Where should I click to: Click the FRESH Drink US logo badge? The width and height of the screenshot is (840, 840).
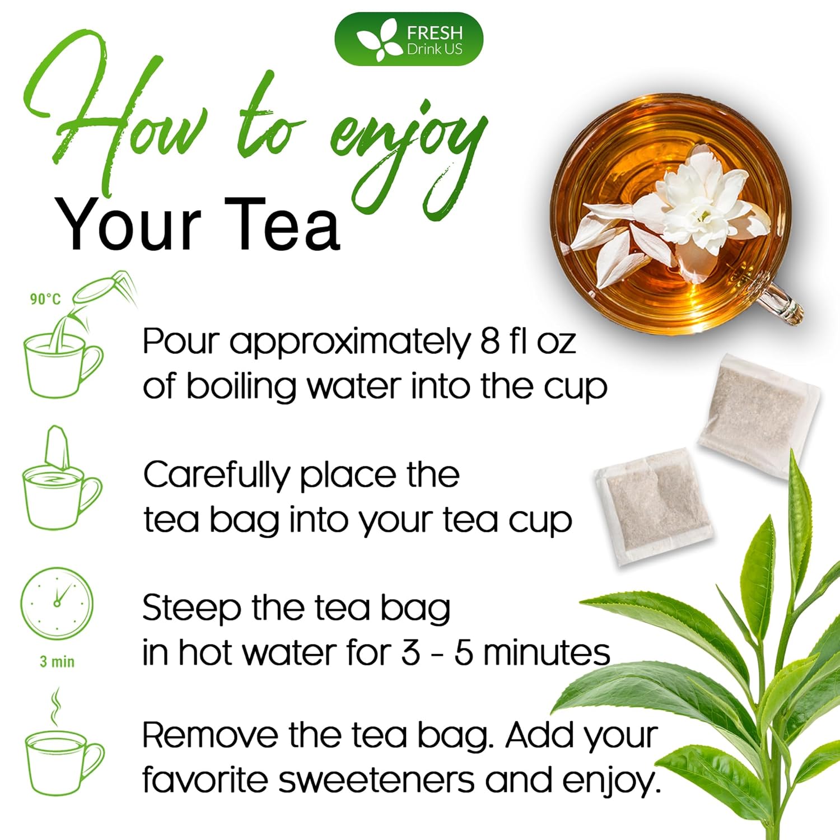coord(408,39)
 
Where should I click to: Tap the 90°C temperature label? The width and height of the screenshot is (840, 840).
coord(45,299)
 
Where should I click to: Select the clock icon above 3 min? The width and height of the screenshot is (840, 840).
coord(57,603)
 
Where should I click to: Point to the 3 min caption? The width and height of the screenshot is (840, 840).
coord(57,662)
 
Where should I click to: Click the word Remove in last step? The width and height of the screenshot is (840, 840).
coord(210,735)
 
